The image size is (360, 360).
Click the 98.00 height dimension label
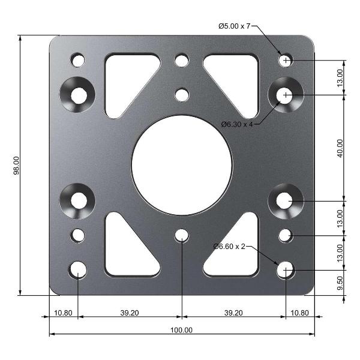(x=17, y=166)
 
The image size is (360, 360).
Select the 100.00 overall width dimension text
(x=181, y=330)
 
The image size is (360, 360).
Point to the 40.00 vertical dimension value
(x=340, y=148)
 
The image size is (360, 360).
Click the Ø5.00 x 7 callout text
(x=234, y=26)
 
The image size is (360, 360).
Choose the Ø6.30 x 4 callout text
(x=237, y=124)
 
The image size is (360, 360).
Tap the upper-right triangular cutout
(x=237, y=78)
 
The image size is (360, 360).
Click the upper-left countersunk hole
(x=79, y=95)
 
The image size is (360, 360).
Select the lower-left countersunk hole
(x=79, y=200)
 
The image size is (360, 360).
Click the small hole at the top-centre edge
(x=182, y=60)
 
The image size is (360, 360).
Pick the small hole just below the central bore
(x=182, y=235)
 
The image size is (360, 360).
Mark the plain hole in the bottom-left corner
(x=78, y=270)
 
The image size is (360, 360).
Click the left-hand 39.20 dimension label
(x=130, y=313)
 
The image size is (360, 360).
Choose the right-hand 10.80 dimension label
(x=299, y=313)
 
